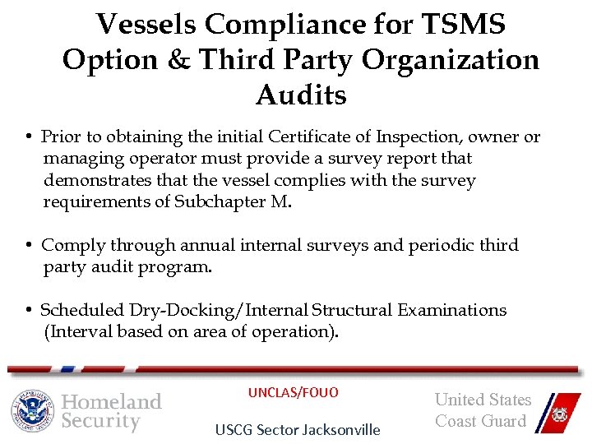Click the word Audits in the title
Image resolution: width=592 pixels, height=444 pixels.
301,95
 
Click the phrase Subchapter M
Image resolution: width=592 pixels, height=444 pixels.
234,201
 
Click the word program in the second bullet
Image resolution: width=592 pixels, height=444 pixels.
177,267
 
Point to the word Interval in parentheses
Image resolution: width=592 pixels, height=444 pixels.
81,331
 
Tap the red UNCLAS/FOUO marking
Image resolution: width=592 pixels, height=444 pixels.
294,392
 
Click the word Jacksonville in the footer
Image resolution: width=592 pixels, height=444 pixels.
339,429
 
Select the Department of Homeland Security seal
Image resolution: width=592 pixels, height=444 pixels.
32,410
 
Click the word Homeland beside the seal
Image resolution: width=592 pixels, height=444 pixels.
112,401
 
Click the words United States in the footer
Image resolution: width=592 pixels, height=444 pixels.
483,400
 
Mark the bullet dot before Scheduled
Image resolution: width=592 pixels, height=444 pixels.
28,311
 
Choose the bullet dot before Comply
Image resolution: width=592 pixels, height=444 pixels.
28,246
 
